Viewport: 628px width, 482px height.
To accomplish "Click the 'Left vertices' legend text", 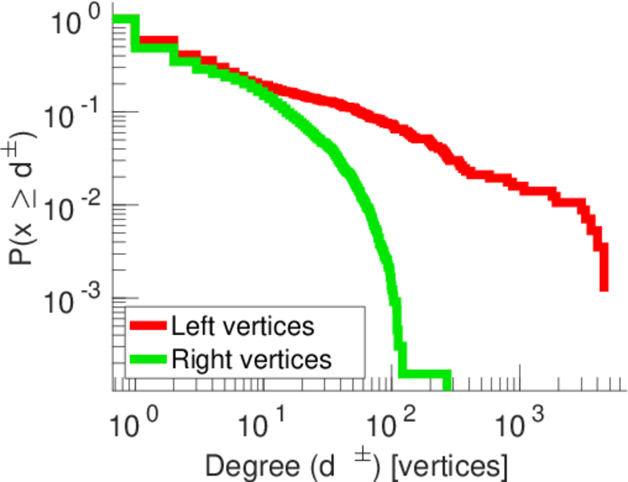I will click(242, 326).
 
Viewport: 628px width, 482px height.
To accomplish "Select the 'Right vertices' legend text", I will click(251, 359).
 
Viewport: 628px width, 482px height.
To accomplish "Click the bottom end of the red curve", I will click(603, 288).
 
